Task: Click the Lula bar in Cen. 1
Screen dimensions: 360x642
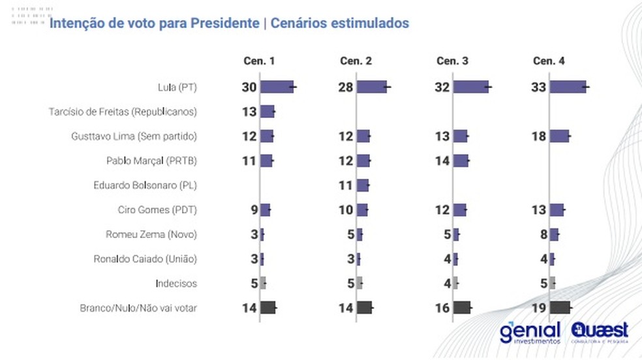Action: [277, 87]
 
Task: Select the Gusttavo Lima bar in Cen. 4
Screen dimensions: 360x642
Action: [559, 136]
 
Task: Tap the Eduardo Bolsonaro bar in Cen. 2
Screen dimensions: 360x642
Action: [363, 185]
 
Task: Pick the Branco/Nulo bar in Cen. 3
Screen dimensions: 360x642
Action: [461, 308]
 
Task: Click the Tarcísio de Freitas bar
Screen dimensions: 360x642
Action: [267, 112]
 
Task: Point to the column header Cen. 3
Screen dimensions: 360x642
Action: [452, 61]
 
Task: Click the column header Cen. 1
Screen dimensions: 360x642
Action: [259, 61]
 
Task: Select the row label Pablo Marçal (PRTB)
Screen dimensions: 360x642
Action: [151, 160]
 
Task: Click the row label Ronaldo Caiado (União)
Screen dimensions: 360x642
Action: [145, 259]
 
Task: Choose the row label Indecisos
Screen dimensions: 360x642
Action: [176, 284]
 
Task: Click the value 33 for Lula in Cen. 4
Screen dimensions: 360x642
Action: [540, 87]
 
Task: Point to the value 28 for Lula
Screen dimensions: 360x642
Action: [346, 87]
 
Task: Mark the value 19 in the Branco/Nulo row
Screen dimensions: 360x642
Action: [540, 308]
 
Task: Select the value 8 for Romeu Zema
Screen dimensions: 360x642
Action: [543, 234]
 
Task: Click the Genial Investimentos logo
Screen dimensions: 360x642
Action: [530, 333]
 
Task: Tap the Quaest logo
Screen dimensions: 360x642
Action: [599, 331]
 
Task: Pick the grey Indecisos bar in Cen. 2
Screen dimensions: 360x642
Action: [359, 284]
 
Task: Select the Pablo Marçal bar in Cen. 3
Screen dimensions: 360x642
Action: [461, 160]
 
